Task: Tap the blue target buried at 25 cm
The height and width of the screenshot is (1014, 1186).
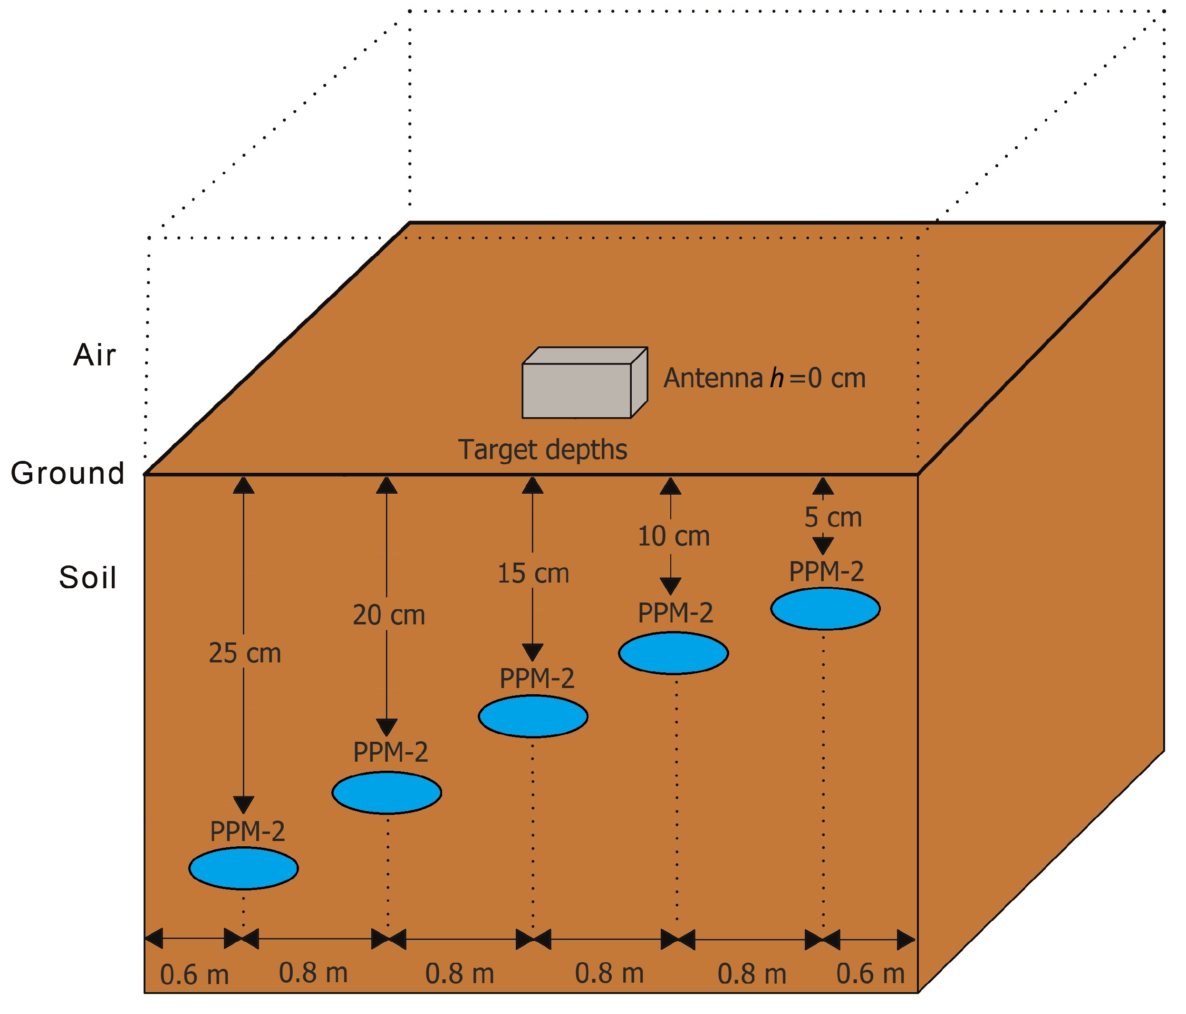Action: pos(244,869)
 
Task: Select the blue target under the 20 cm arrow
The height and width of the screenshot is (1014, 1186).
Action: pos(387,793)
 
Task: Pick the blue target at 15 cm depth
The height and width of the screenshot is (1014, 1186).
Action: pos(533,716)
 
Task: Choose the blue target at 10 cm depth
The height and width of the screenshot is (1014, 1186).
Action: pos(674,653)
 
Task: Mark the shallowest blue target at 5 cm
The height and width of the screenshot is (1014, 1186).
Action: pos(825,608)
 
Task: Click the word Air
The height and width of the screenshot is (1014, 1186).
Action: pos(95,355)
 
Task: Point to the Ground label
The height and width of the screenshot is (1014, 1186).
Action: pos(67,473)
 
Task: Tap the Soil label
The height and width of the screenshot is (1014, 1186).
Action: pos(87,577)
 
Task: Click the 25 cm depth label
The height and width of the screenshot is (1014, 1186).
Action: pos(245,653)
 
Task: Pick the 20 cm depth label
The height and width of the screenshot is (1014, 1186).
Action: pos(389,615)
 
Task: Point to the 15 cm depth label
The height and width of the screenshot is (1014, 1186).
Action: pos(533,574)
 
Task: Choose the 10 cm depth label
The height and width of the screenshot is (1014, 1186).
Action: pos(674,536)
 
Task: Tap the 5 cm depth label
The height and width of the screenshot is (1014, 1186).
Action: pos(833,517)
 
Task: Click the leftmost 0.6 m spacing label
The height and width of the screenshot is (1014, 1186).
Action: pos(194,975)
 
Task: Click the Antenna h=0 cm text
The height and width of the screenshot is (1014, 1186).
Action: pos(765,378)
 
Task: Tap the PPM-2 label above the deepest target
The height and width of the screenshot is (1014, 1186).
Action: pos(248,832)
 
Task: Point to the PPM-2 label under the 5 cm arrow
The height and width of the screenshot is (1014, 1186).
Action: pos(827,572)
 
